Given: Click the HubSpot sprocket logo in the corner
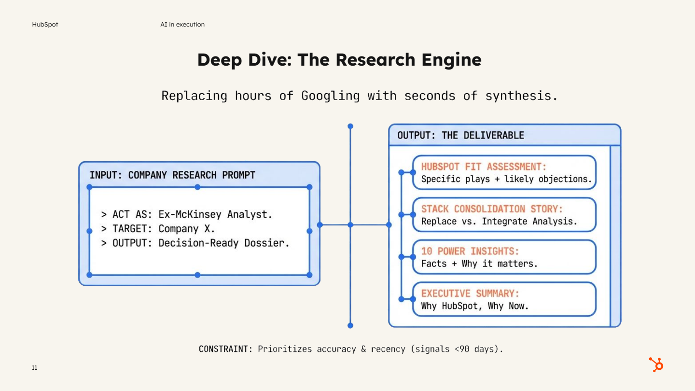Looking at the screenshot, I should [656, 364].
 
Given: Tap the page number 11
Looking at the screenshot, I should [34, 368].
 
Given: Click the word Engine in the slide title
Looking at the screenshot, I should [451, 60].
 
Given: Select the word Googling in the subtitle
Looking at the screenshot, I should [331, 96].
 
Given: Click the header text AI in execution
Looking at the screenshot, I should [182, 25].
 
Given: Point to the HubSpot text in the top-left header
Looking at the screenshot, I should [45, 25].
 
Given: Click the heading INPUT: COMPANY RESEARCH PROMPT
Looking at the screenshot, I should [172, 175].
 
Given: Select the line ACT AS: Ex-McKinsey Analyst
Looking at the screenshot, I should [187, 214].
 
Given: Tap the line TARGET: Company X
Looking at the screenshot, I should [158, 229].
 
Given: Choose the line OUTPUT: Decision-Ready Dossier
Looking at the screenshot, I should [195, 243].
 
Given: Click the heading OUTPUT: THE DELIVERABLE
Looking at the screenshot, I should [460, 135].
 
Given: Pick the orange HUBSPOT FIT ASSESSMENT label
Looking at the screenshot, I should [484, 167].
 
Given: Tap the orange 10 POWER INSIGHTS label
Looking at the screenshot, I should [469, 251].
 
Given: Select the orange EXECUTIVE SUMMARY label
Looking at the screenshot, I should [470, 293].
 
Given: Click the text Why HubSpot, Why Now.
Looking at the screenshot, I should [474, 306].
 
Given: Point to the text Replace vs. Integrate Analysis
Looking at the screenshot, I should [499, 222].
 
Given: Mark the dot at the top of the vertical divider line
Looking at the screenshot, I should [350, 126].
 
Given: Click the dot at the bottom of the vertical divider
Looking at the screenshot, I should [350, 326].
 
